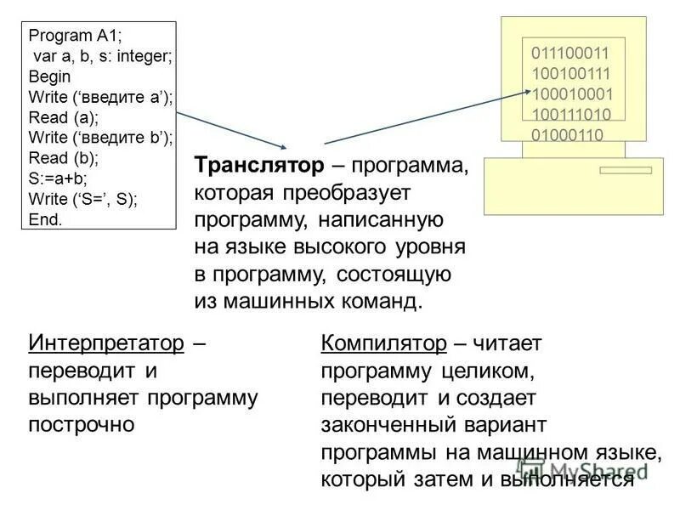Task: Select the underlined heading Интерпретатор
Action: click(x=106, y=343)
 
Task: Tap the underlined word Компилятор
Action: click(x=383, y=343)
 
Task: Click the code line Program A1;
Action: click(x=76, y=36)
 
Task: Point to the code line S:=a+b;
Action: click(x=59, y=179)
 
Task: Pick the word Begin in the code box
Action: click(x=49, y=76)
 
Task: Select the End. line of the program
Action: click(x=46, y=219)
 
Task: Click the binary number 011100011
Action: click(x=571, y=53)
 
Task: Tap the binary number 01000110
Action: click(x=567, y=134)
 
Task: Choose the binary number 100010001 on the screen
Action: click(x=571, y=93)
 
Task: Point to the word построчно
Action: click(x=82, y=424)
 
